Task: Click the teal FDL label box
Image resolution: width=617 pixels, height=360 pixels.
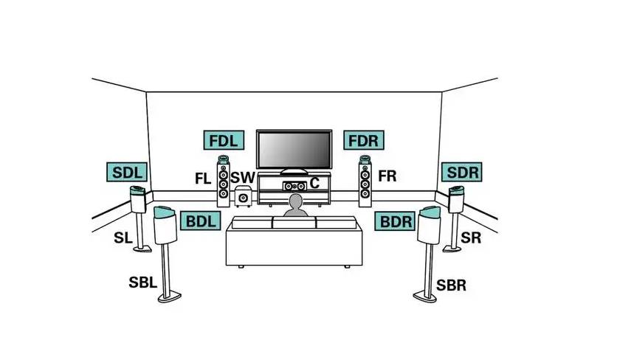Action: point(224,140)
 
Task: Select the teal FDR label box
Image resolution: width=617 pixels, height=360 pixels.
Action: point(364,140)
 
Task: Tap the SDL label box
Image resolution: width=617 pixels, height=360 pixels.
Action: point(127,172)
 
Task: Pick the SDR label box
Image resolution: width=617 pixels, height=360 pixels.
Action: point(461,172)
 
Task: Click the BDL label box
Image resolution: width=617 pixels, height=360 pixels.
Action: point(200,221)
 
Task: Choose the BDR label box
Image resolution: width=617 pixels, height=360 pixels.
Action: point(395,221)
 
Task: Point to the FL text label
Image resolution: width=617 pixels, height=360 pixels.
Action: point(203,179)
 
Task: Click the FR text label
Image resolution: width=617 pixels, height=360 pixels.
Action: point(387,176)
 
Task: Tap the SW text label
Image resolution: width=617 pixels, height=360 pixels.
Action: point(243,178)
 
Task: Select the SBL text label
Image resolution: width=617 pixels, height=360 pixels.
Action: point(143,282)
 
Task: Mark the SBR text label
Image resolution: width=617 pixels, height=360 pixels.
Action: point(452,285)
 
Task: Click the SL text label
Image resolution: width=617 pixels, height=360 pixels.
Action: point(123,238)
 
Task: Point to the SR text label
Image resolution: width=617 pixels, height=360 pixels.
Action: point(471,238)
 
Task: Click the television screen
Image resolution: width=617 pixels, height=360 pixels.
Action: point(294,150)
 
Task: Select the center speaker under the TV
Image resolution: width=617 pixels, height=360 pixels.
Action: point(294,186)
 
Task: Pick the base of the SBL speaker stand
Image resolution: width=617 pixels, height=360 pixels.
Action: point(170,297)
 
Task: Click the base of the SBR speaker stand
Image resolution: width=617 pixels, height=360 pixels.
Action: point(425,297)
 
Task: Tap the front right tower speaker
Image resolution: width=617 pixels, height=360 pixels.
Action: point(365,181)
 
